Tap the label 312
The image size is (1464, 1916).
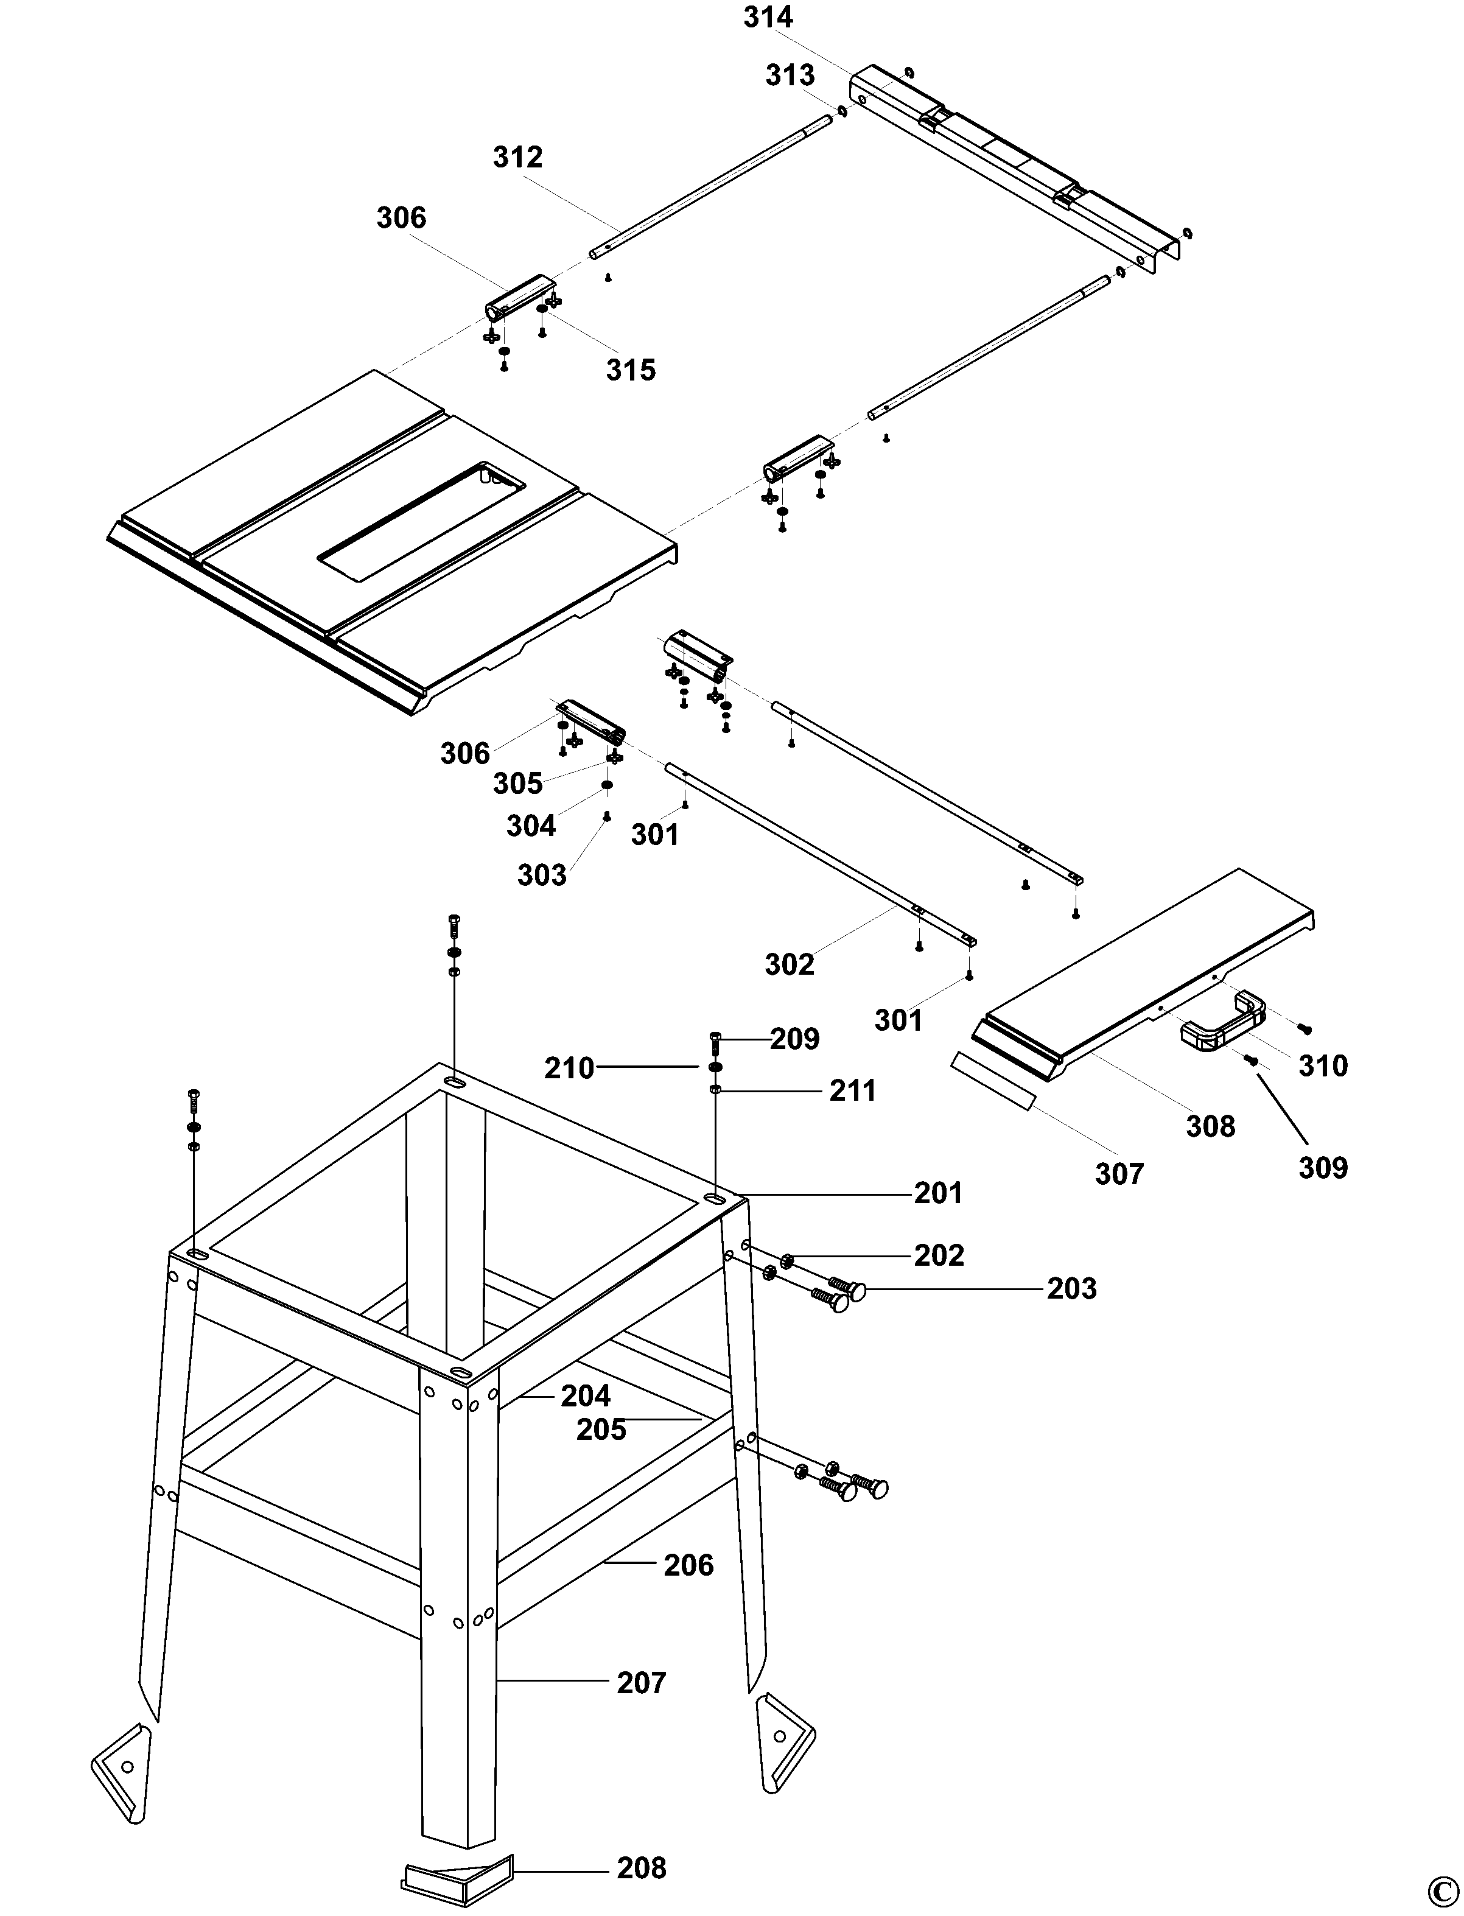point(517,157)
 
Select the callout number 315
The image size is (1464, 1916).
point(631,370)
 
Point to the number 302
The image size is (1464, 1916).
point(790,964)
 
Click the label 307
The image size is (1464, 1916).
point(1119,1174)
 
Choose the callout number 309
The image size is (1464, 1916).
point(1323,1167)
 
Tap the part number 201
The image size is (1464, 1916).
point(939,1193)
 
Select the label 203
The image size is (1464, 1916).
point(1072,1288)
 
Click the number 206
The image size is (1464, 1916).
point(688,1565)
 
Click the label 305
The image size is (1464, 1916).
point(517,784)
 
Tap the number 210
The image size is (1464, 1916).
point(569,1068)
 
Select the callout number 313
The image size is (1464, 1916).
point(790,76)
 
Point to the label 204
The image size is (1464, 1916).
point(586,1395)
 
